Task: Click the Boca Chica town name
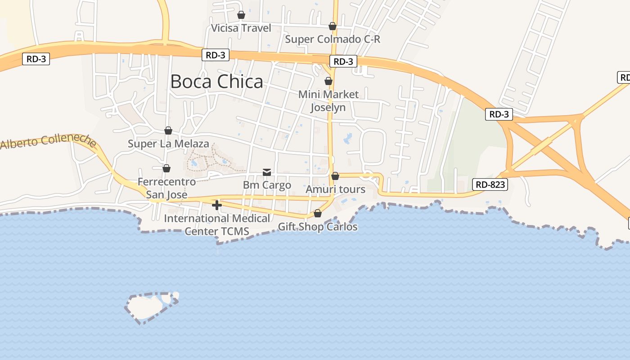point(216,81)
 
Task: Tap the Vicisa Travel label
point(241,28)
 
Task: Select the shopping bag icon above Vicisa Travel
point(241,15)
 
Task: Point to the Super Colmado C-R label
point(333,39)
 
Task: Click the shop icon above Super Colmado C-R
point(333,26)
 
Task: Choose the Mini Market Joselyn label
point(328,101)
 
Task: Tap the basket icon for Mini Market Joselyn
point(328,81)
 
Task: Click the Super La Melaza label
point(168,144)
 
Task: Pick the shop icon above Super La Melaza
point(168,130)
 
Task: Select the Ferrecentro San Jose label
point(166,188)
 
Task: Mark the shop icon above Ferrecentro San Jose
point(166,168)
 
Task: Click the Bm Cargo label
point(267,185)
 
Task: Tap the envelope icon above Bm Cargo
point(267,172)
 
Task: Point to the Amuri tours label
point(335,189)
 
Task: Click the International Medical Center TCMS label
point(217,225)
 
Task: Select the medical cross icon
point(217,205)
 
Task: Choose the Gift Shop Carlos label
point(318,226)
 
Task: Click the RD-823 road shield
point(490,184)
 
